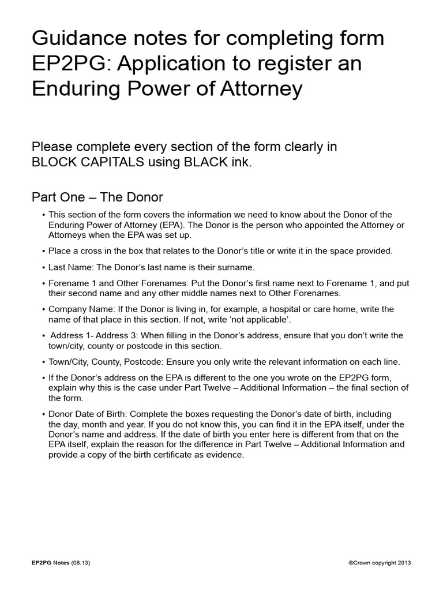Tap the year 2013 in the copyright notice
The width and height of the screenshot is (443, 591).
[x=404, y=562]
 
